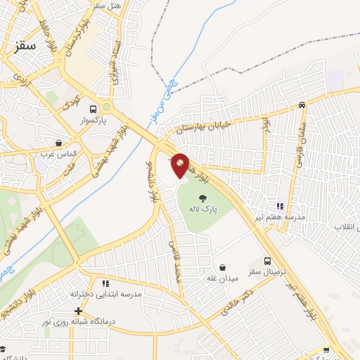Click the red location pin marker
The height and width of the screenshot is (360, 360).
pos(181,165)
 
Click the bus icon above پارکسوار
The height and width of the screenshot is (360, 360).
pos(94,108)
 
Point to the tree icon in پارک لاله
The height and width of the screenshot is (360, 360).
pos(202,198)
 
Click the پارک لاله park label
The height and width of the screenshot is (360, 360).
pos(202,210)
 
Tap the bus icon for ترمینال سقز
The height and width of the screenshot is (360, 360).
pos(267,260)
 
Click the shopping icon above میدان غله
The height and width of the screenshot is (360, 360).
pos(223,267)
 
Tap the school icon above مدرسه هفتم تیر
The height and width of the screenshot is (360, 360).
pos(279,206)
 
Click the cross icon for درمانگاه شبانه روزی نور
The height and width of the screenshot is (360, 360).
pos(79,311)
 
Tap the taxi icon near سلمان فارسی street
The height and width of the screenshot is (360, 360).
pos(302,105)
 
